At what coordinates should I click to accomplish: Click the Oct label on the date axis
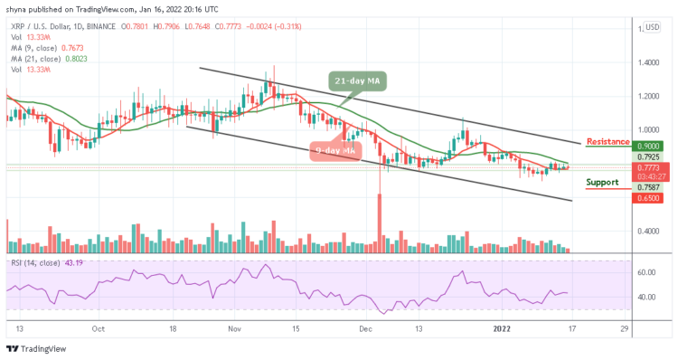[99, 330]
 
